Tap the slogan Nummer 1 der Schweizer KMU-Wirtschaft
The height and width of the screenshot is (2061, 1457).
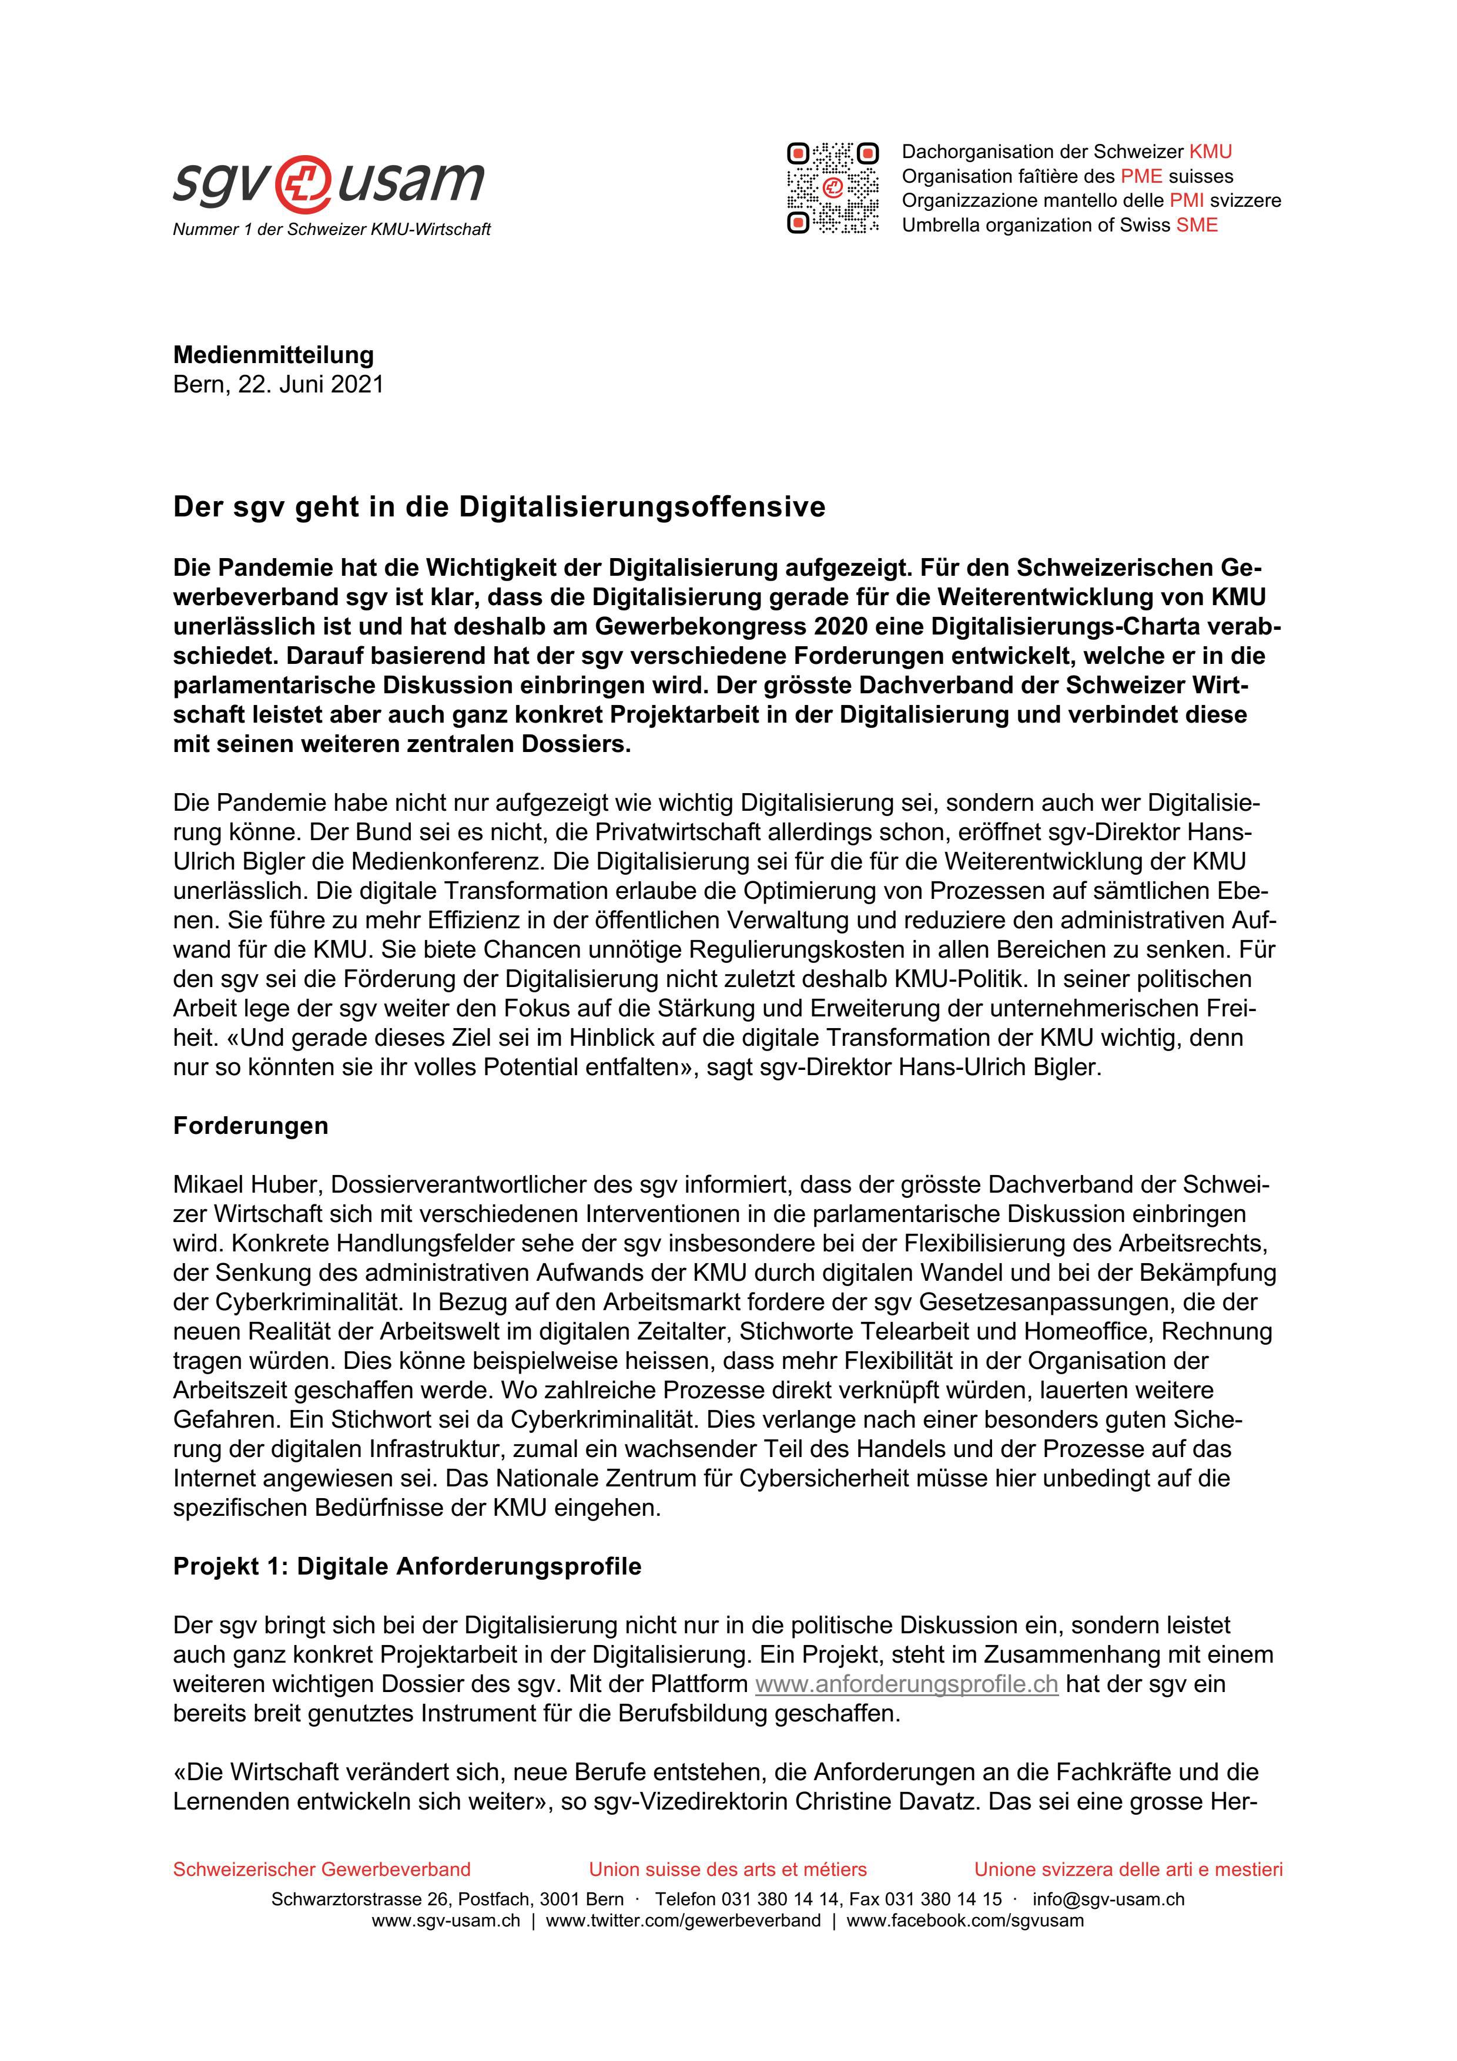(x=331, y=230)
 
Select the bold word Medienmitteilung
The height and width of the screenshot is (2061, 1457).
(x=273, y=355)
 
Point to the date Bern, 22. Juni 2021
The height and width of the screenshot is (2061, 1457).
(x=278, y=384)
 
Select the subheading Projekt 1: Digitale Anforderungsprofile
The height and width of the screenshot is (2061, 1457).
(x=407, y=1566)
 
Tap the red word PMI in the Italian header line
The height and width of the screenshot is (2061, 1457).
(x=1186, y=201)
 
